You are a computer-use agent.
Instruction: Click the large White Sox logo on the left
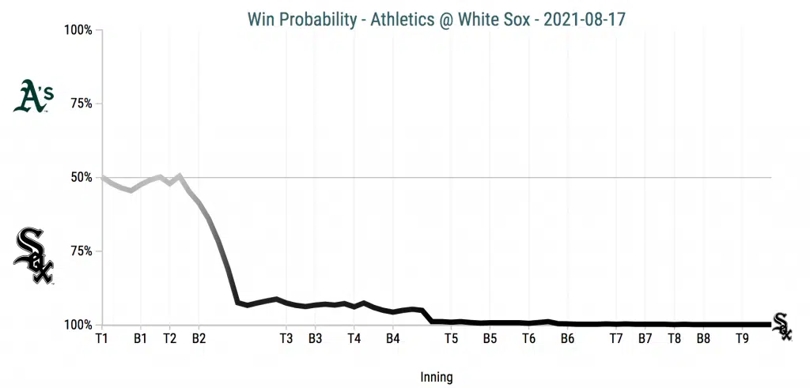point(33,256)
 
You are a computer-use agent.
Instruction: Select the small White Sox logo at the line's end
point(782,326)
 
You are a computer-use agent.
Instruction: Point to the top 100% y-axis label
point(78,30)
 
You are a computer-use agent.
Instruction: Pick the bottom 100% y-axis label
point(78,325)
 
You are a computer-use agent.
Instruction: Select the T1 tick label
point(101,338)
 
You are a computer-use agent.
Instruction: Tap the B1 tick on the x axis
point(141,338)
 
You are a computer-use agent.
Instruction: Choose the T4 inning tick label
point(354,338)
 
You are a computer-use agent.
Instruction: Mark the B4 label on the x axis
point(393,338)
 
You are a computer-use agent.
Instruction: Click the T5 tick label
point(451,338)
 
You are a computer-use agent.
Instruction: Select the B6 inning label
point(566,338)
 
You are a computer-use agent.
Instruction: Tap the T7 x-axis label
point(616,338)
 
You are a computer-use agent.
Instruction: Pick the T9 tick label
point(742,338)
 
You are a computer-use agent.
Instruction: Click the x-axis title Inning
point(437,377)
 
